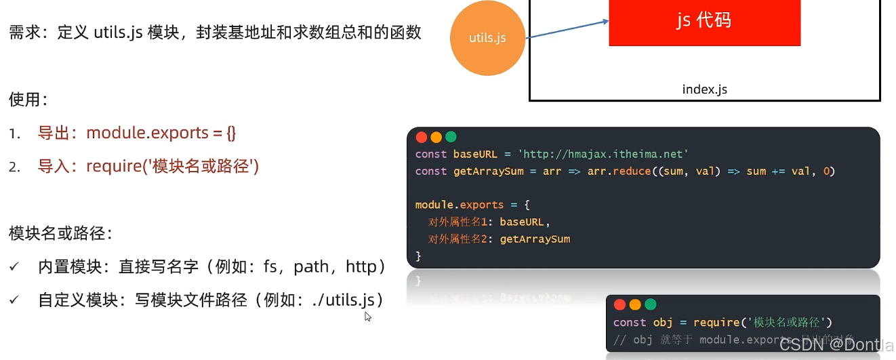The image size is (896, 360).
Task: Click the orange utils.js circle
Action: click(x=488, y=38)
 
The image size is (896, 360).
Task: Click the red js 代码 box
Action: click(x=704, y=21)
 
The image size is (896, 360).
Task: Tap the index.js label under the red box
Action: click(x=704, y=89)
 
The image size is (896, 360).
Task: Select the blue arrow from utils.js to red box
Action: click(x=568, y=29)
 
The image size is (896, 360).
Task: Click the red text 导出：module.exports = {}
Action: click(x=137, y=133)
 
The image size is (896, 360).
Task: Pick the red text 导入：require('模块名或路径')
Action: click(x=148, y=166)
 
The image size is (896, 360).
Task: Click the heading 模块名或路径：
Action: click(x=60, y=234)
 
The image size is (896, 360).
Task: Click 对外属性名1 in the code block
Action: click(x=460, y=222)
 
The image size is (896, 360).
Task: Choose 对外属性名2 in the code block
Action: click(x=460, y=239)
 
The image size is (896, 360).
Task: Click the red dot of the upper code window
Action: click(x=421, y=137)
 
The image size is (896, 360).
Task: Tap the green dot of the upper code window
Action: click(x=451, y=137)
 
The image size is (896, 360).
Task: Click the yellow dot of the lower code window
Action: click(x=635, y=304)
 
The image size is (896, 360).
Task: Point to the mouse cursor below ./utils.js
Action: click(x=367, y=316)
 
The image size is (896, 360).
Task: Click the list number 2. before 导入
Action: click(x=14, y=167)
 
